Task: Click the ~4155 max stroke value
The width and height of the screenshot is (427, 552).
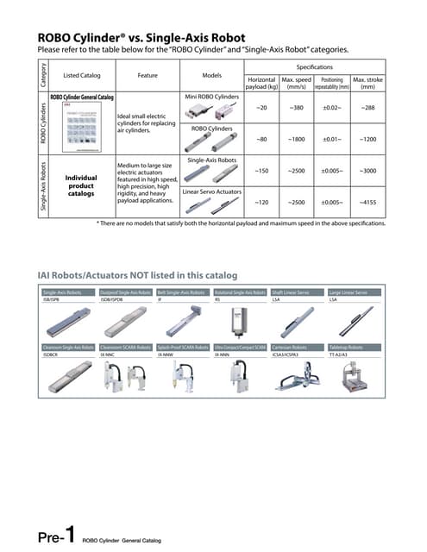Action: [x=367, y=203]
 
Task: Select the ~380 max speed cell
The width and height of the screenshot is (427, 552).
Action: [x=295, y=107]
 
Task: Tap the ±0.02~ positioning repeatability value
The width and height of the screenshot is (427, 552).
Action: [x=332, y=107]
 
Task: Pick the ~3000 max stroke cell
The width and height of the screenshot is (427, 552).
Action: [x=367, y=171]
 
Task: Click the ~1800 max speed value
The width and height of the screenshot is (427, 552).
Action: [x=295, y=139]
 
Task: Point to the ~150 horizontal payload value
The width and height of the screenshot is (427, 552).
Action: [x=261, y=171]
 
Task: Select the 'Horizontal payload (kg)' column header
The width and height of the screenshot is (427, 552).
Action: [x=261, y=83]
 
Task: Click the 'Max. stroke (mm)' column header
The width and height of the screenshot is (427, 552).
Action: [x=367, y=83]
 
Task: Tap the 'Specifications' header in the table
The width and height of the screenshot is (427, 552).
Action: [x=315, y=66]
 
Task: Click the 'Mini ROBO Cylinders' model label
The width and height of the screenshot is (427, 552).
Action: [x=212, y=97]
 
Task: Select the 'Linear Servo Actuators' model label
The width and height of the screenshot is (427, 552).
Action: [x=212, y=190]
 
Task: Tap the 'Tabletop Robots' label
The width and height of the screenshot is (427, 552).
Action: [x=346, y=347]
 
